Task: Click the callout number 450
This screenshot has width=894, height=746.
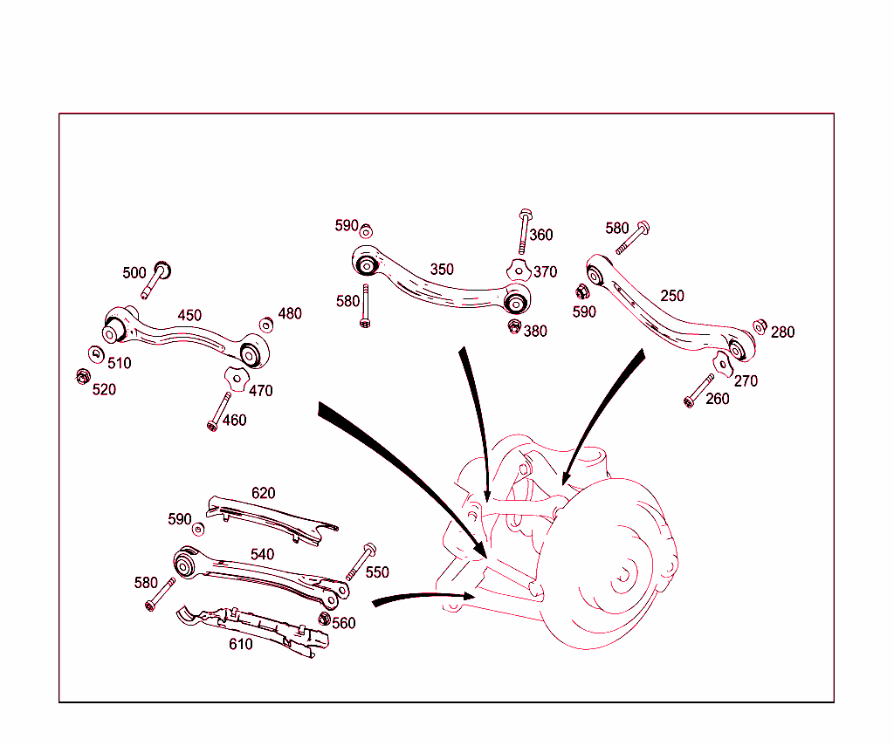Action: pyautogui.click(x=189, y=316)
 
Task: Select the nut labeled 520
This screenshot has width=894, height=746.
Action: pyautogui.click(x=82, y=377)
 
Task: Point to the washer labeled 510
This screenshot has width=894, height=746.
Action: pyautogui.click(x=95, y=353)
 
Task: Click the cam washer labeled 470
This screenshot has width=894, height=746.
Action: pyautogui.click(x=234, y=377)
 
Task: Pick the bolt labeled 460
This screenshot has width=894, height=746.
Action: pyautogui.click(x=218, y=410)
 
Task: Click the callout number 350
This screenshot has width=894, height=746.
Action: pyautogui.click(x=442, y=270)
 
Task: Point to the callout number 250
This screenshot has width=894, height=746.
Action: pyautogui.click(x=672, y=297)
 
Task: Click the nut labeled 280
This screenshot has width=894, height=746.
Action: pyautogui.click(x=760, y=326)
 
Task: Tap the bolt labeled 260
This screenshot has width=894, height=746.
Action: pyautogui.click(x=699, y=389)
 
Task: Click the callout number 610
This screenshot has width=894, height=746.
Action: pyautogui.click(x=241, y=645)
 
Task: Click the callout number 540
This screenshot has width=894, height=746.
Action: pyautogui.click(x=262, y=555)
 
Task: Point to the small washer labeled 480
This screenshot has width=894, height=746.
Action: pyautogui.click(x=265, y=325)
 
